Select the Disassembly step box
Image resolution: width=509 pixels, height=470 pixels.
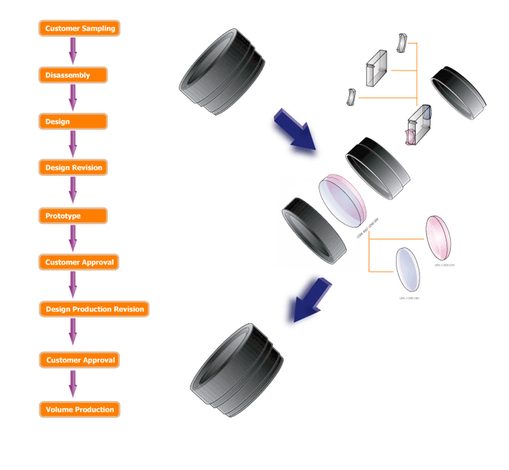click(73, 75)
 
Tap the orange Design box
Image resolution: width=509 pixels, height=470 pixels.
click(73, 121)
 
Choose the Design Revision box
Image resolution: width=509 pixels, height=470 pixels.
click(73, 167)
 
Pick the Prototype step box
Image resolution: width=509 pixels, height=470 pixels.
click(73, 216)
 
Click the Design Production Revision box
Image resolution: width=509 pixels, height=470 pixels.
click(93, 309)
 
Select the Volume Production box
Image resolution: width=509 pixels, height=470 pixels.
click(79, 409)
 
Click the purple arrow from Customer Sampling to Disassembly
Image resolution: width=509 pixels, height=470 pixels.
click(73, 51)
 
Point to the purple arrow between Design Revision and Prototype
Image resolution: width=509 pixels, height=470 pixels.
click(73, 191)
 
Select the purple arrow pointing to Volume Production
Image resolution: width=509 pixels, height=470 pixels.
click(73, 384)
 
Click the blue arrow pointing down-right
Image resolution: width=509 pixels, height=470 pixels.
click(294, 130)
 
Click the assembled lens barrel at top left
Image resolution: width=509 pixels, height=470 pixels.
click(220, 71)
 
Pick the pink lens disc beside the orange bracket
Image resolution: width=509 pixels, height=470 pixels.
click(438, 238)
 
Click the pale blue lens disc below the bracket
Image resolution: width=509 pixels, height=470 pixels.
click(408, 270)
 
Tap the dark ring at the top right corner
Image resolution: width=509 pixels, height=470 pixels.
click(460, 92)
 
